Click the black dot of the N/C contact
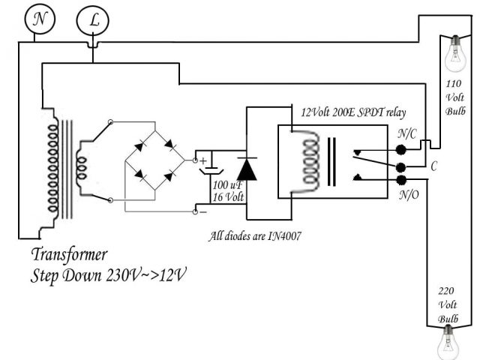coord(402,149)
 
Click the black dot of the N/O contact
coord(402,181)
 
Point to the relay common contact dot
coord(402,166)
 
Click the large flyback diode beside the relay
coord(246,168)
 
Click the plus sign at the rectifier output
coord(202,160)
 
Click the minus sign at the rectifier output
coord(202,212)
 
